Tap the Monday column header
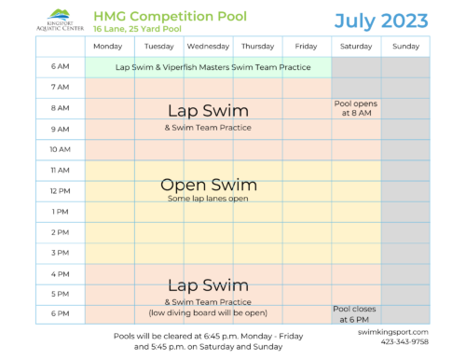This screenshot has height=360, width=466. click(108, 46)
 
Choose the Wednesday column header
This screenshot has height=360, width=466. click(208, 46)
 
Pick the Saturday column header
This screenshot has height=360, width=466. click(355, 46)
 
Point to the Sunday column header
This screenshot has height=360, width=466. click(405, 46)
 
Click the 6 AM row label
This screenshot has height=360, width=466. click(60, 67)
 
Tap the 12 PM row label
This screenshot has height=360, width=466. click(60, 190)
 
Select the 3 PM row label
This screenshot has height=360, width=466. click(60, 252)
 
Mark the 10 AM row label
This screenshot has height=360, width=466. click(60, 149)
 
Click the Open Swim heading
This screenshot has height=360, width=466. click(208, 185)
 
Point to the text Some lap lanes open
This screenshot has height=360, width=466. click(208, 199)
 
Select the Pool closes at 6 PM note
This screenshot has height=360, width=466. click(355, 312)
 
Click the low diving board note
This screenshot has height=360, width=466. click(208, 312)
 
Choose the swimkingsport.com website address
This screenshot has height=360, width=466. click(393, 331)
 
